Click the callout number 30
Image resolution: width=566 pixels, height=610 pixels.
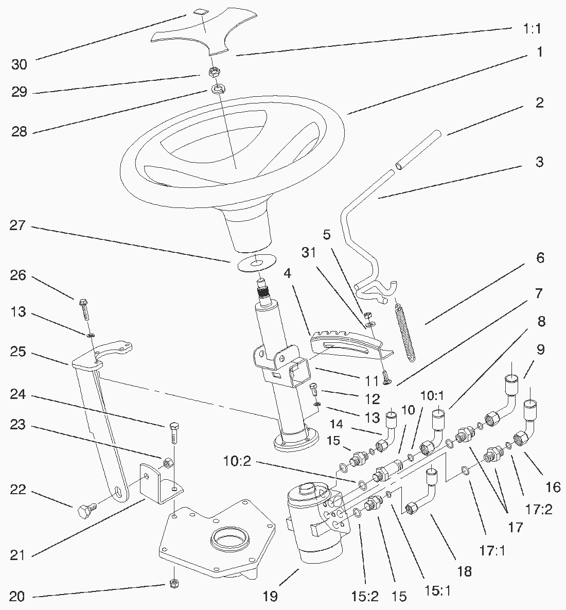coord(19,64)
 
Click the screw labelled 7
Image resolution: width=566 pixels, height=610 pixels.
coord(386,380)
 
